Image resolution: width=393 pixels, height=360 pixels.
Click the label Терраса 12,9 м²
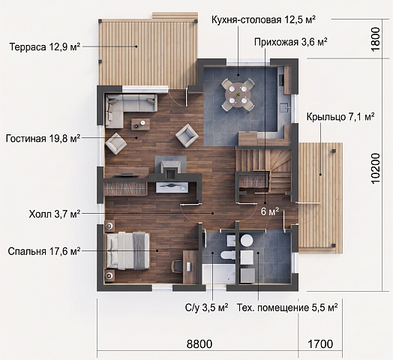click(x=45, y=47)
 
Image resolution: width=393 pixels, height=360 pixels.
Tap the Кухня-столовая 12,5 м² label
click(x=263, y=19)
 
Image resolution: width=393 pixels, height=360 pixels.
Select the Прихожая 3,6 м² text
click(x=291, y=42)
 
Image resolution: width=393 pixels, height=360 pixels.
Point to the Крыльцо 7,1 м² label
click(x=340, y=117)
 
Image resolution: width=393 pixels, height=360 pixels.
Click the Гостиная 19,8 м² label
click(x=43, y=138)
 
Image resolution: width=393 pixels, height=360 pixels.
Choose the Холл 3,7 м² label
click(x=55, y=214)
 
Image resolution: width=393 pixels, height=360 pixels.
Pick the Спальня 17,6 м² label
click(x=44, y=251)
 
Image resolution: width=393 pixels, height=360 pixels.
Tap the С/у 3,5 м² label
click(x=207, y=307)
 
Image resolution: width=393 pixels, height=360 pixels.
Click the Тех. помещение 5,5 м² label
click(x=287, y=307)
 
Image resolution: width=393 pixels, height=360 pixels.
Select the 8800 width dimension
click(x=199, y=344)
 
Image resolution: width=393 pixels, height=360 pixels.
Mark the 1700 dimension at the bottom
click(x=320, y=344)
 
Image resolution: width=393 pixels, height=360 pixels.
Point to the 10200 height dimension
click(x=376, y=169)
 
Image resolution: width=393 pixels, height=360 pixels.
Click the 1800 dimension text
click(x=376, y=39)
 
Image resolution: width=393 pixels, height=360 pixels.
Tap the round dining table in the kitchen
click(x=238, y=95)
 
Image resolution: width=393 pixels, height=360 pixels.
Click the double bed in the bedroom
click(x=127, y=251)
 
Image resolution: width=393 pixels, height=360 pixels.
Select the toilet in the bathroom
click(x=227, y=255)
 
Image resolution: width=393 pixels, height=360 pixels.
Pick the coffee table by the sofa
click(x=140, y=124)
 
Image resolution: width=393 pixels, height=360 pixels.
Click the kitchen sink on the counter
click(x=285, y=108)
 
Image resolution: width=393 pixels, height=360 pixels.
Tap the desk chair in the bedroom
click(x=176, y=266)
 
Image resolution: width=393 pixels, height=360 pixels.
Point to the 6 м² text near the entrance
click(x=270, y=211)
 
